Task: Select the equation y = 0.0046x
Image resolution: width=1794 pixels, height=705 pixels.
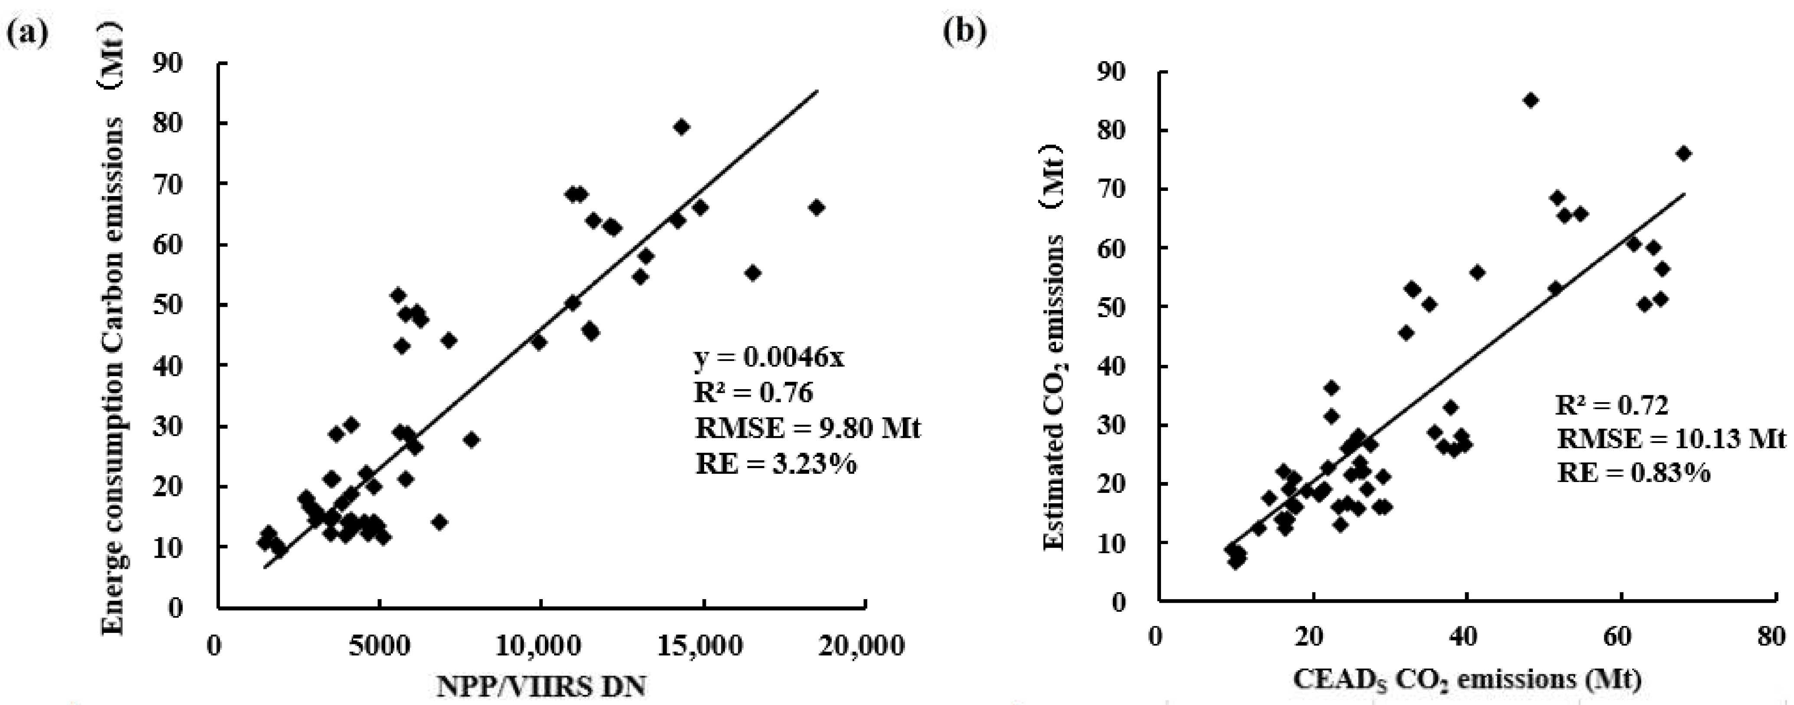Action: [769, 357]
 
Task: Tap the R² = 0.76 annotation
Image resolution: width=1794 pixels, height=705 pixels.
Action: [754, 393]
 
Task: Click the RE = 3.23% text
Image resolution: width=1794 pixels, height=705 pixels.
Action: [775, 463]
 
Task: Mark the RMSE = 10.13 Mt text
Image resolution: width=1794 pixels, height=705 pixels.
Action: [1671, 439]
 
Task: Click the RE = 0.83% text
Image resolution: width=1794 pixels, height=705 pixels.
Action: [1633, 474]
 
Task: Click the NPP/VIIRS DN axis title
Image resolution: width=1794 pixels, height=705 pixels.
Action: [541, 686]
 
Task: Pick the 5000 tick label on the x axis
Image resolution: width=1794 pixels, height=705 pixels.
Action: [379, 646]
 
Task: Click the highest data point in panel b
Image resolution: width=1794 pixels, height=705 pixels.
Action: [1530, 100]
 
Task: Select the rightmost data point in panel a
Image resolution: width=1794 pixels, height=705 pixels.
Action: [816, 208]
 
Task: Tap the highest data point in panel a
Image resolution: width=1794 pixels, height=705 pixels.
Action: [681, 127]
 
